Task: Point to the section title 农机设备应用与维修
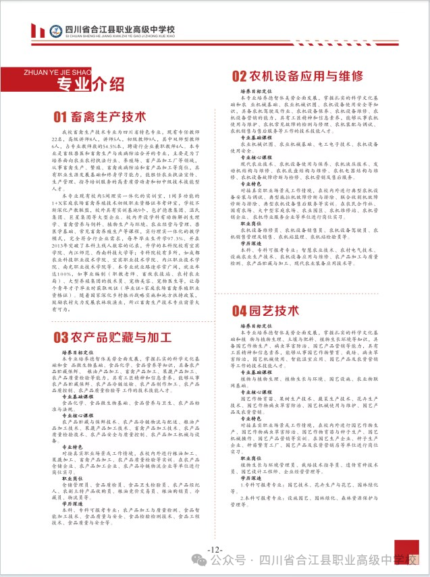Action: [297, 74]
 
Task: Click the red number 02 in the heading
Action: [240, 75]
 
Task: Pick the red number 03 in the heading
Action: [61, 336]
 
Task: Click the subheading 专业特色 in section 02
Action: [251, 183]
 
